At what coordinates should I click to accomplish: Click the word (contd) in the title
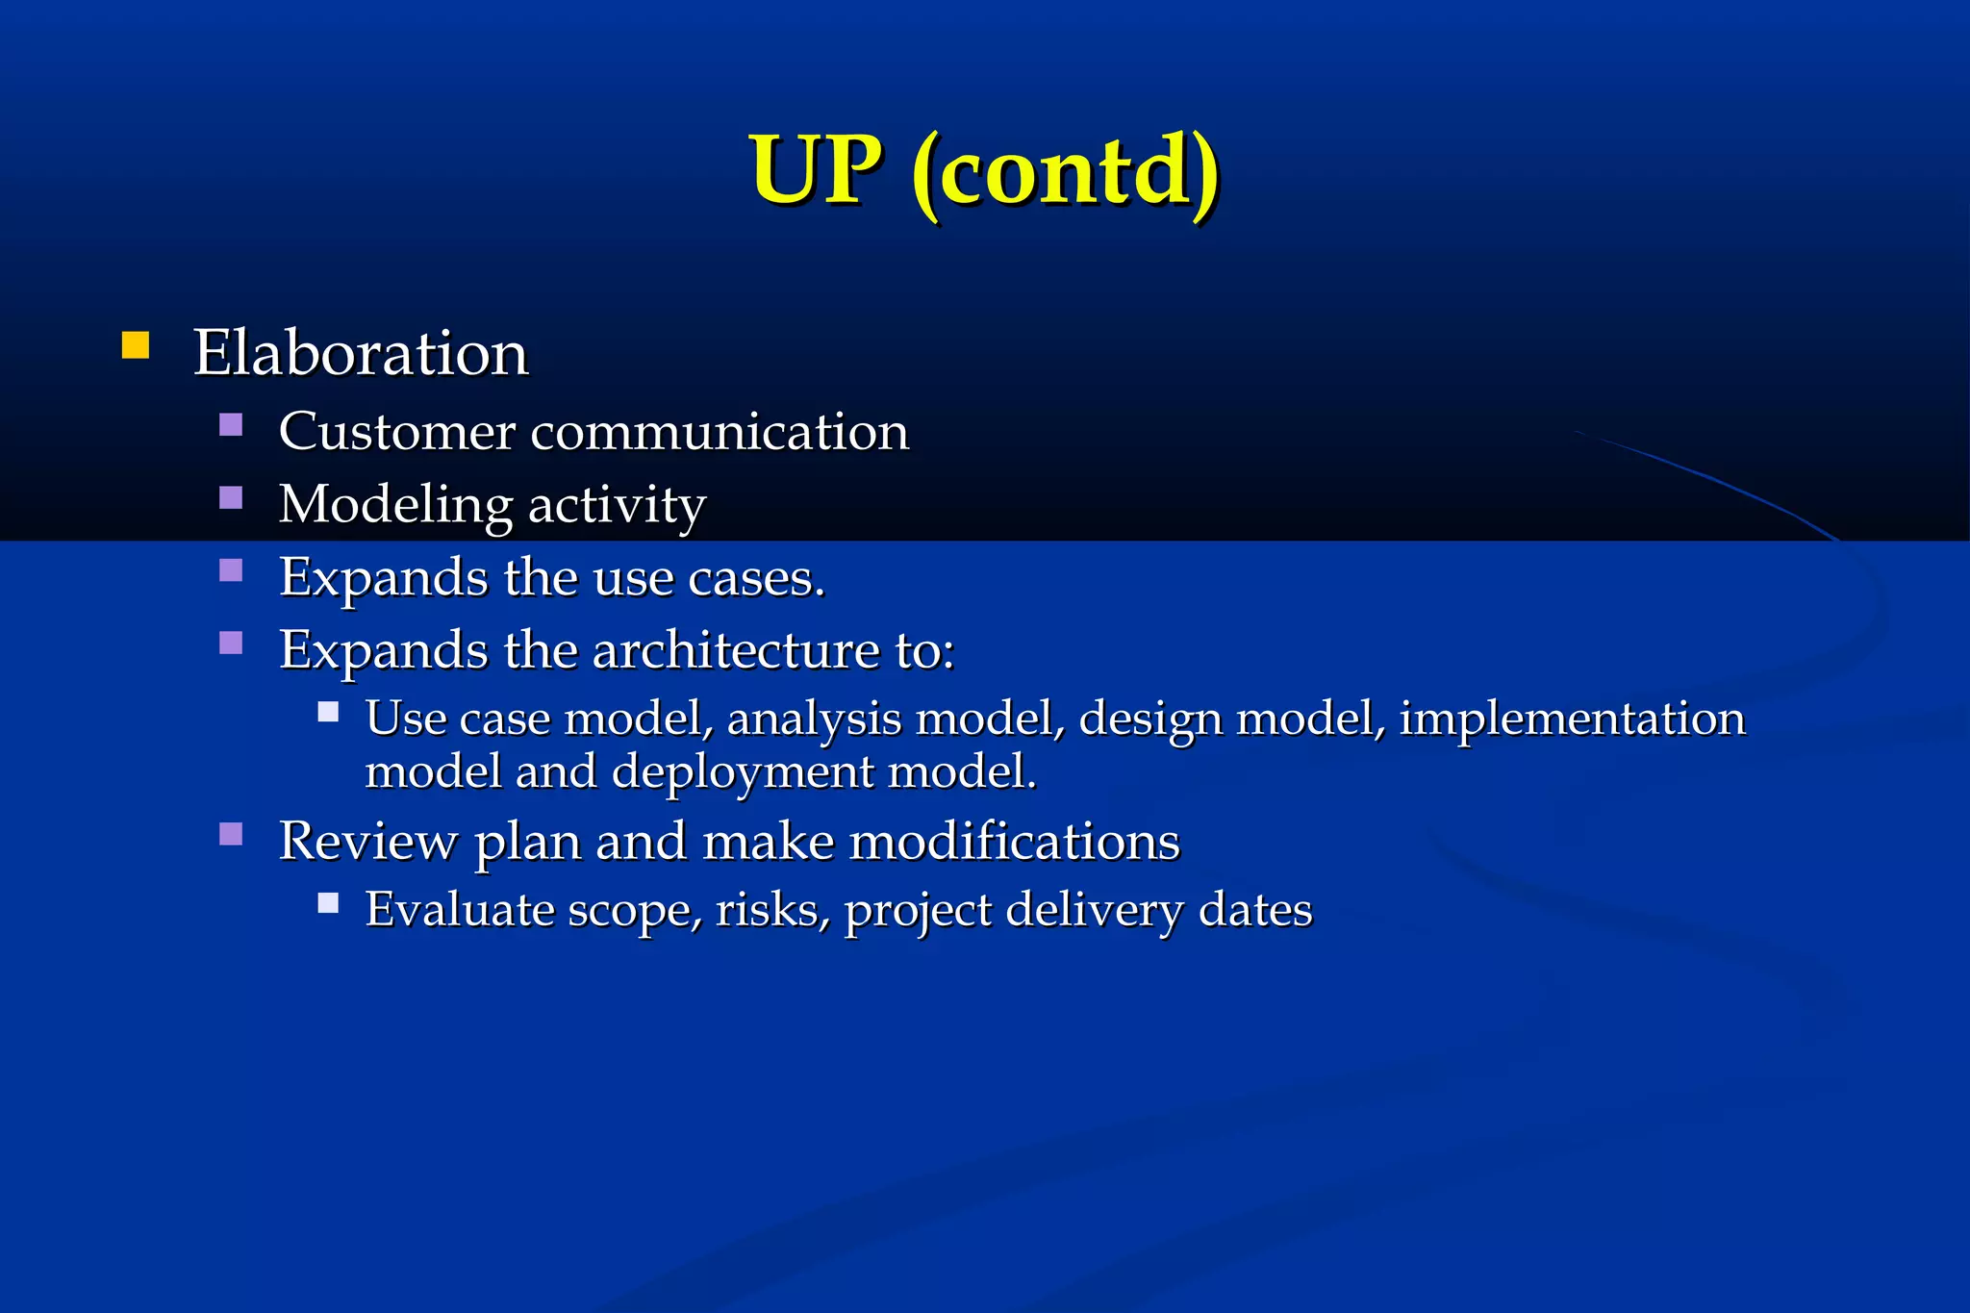point(1066,173)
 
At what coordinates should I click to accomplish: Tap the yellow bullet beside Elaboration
point(136,345)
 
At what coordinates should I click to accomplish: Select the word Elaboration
point(361,353)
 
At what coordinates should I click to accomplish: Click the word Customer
point(396,432)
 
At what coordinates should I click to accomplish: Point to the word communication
point(720,432)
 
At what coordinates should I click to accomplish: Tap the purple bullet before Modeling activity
point(231,497)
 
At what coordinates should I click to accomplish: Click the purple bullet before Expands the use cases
point(231,570)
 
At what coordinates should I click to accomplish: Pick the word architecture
point(736,650)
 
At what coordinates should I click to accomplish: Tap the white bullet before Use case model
point(328,712)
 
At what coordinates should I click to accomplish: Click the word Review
point(368,842)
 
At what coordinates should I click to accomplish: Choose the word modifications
point(1015,842)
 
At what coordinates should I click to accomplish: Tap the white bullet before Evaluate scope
point(328,902)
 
